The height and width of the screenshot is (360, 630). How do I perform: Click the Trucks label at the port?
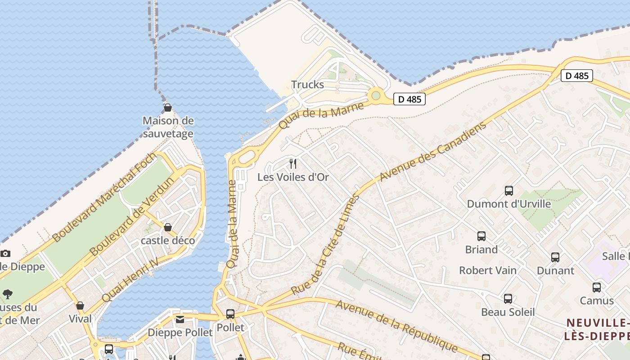(307, 85)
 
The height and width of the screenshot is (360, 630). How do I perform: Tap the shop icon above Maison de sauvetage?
(167, 108)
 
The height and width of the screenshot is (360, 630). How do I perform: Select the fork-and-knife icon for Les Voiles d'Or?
(293, 163)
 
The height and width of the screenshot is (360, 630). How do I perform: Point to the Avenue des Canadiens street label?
(433, 151)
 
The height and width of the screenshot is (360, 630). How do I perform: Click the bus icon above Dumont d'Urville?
(509, 191)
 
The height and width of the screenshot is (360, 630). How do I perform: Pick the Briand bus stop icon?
(481, 236)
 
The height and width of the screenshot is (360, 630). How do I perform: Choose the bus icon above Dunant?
(555, 257)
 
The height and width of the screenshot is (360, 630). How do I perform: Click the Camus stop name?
(597, 301)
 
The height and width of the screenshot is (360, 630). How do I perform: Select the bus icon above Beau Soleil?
(508, 299)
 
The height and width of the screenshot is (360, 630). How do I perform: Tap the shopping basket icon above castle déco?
(168, 227)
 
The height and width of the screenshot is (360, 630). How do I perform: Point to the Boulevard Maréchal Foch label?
(104, 197)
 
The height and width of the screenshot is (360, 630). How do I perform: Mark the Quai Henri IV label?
(130, 279)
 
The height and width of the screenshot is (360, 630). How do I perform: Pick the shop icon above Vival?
(80, 306)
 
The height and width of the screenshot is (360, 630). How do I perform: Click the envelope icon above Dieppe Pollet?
(180, 319)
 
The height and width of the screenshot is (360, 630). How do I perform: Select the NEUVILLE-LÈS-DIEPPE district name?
(597, 329)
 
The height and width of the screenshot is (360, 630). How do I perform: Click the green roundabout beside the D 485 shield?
(375, 95)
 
